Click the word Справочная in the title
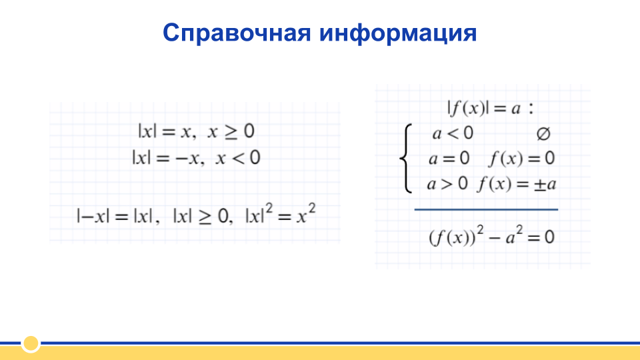pos(237,33)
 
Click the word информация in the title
pos(398,33)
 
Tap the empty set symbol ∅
pos(543,134)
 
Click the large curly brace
pos(406,159)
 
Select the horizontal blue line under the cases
pos(486,209)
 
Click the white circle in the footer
pos(31,344)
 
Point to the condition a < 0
pos(453,133)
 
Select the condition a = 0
pos(449,159)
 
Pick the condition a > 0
pos(447,184)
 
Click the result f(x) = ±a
pos(517,184)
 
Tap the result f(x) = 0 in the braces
pos(521,159)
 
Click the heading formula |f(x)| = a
pos(484,108)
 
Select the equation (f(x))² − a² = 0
pos(491,236)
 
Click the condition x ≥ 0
pos(231,131)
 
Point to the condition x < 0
pos(238,158)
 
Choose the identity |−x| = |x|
pos(115,215)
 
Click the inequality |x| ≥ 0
pos(201,215)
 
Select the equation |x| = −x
pos(166,158)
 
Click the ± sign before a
pos(540,185)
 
